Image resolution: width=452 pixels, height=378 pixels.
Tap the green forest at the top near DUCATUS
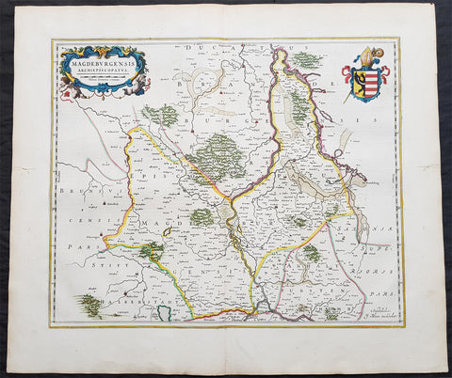pos(307,59)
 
